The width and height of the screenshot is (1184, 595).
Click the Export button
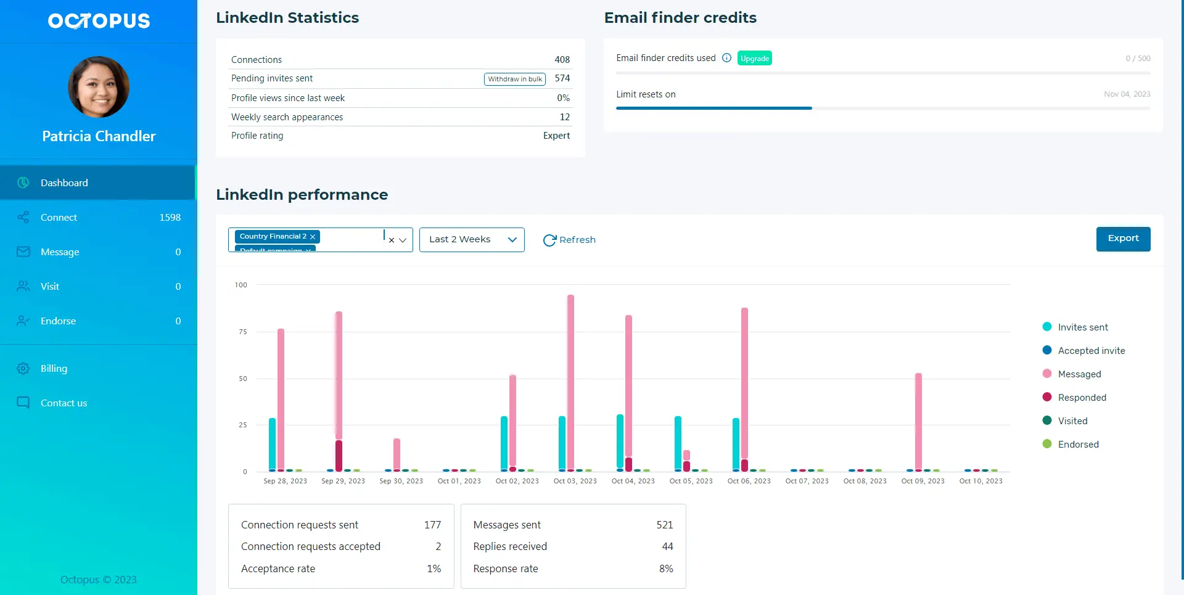1122,239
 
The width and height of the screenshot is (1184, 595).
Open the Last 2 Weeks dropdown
472,240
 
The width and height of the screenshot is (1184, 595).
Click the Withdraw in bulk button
514,79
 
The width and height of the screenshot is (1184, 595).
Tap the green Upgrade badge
754,59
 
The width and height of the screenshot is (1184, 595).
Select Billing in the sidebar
54,369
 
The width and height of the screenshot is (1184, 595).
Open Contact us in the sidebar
64,403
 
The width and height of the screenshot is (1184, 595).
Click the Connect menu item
59,218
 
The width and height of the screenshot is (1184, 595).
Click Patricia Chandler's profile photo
99,87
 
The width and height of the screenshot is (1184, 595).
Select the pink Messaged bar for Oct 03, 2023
570,382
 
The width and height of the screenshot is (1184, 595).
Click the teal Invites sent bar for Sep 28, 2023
272,444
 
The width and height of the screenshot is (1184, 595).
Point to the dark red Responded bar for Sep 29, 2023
339,456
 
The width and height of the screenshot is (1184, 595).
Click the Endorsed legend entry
1077,445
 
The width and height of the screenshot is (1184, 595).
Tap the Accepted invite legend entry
1090,351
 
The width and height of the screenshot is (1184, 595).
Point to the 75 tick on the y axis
242,332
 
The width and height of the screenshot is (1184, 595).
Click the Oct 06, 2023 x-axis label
749,481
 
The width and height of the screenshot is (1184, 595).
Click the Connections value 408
562,60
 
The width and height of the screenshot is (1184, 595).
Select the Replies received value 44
667,547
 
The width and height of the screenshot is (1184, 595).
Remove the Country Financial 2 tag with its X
313,237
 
